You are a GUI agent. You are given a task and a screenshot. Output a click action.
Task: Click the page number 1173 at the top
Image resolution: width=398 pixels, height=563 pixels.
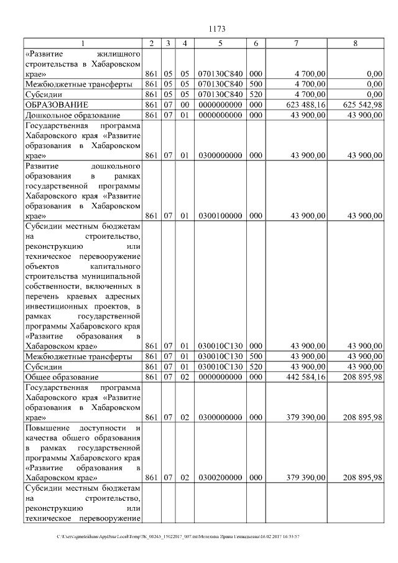(217, 29)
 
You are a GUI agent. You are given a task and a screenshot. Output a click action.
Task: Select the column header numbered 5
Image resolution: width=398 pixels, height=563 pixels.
(220, 44)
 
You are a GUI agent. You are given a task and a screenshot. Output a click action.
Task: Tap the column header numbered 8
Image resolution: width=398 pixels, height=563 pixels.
(355, 44)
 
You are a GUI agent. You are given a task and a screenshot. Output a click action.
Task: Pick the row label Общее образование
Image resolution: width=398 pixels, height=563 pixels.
(62, 377)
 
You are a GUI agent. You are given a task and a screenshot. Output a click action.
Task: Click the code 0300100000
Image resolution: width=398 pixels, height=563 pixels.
(220, 216)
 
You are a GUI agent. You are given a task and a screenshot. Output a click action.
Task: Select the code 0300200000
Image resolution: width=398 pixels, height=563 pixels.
(220, 477)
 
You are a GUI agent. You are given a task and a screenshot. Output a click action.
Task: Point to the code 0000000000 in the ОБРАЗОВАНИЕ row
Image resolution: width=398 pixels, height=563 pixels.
(220, 105)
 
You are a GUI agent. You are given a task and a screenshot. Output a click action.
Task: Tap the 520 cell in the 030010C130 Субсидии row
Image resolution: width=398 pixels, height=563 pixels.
(256, 366)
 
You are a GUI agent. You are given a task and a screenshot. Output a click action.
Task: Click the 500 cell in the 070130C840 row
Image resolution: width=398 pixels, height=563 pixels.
(256, 83)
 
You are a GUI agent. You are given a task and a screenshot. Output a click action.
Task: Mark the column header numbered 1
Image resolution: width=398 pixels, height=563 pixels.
(83, 44)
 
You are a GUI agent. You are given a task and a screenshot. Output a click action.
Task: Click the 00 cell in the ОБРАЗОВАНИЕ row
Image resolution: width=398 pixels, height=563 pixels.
(184, 105)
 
